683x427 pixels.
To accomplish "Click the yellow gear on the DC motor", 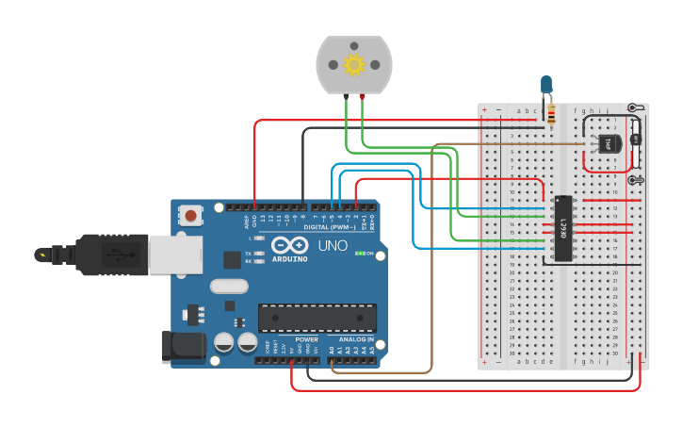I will pos(354,64).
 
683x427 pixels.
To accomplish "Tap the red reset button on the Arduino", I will pos(191,216).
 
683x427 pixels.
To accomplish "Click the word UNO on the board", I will pos(329,246).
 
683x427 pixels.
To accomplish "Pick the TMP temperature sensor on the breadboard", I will pos(608,142).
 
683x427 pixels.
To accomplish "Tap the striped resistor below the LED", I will pos(550,115).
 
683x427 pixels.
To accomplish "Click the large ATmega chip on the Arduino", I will pos(317,319).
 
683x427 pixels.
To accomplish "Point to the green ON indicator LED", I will pos(358,254).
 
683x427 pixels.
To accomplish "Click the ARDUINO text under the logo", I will pos(290,259).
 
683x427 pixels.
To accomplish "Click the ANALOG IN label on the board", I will pos(357,338).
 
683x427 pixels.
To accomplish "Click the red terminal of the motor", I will pos(363,97).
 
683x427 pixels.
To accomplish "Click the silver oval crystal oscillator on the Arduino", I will pos(229,287).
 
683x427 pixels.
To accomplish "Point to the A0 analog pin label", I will pos(331,348).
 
